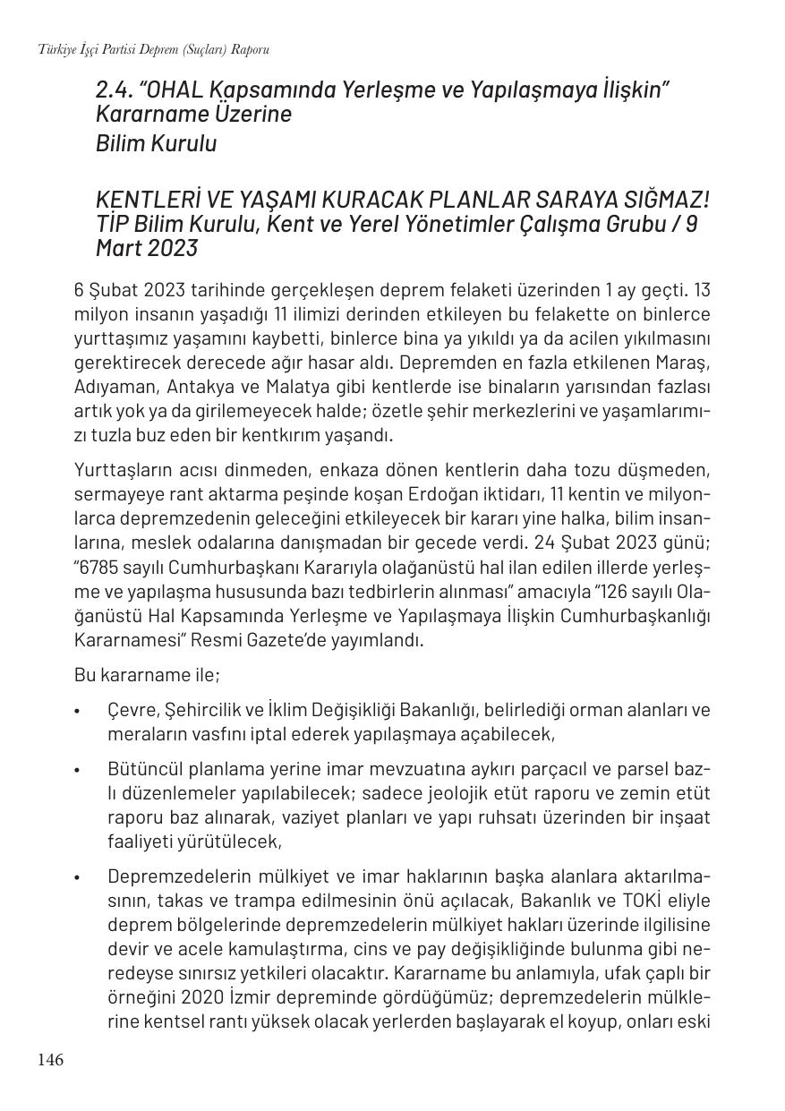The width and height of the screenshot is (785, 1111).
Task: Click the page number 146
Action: coord(50,1060)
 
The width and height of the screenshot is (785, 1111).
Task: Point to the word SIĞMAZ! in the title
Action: coord(667,199)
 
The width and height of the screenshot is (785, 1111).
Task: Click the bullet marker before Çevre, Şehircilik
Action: coord(78,711)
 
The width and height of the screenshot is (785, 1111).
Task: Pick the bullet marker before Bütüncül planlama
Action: coord(78,770)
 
